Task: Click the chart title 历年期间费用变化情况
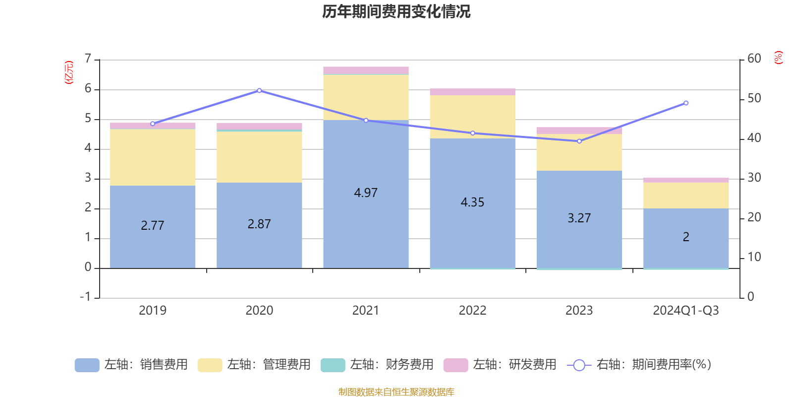396,11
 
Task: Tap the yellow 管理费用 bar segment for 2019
152,157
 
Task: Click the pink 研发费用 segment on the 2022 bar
472,92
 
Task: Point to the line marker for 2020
259,91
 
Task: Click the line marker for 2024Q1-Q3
686,103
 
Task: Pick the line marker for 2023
579,141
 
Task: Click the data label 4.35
472,202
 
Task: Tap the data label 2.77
152,226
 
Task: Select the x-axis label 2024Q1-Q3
685,311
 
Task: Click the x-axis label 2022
472,311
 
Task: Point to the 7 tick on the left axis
88,59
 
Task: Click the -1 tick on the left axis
86,297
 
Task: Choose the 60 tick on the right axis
754,59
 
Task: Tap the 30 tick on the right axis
754,178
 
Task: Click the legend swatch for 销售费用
87,365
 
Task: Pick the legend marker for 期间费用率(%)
579,365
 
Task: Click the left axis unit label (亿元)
69,72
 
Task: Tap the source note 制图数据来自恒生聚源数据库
396,392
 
